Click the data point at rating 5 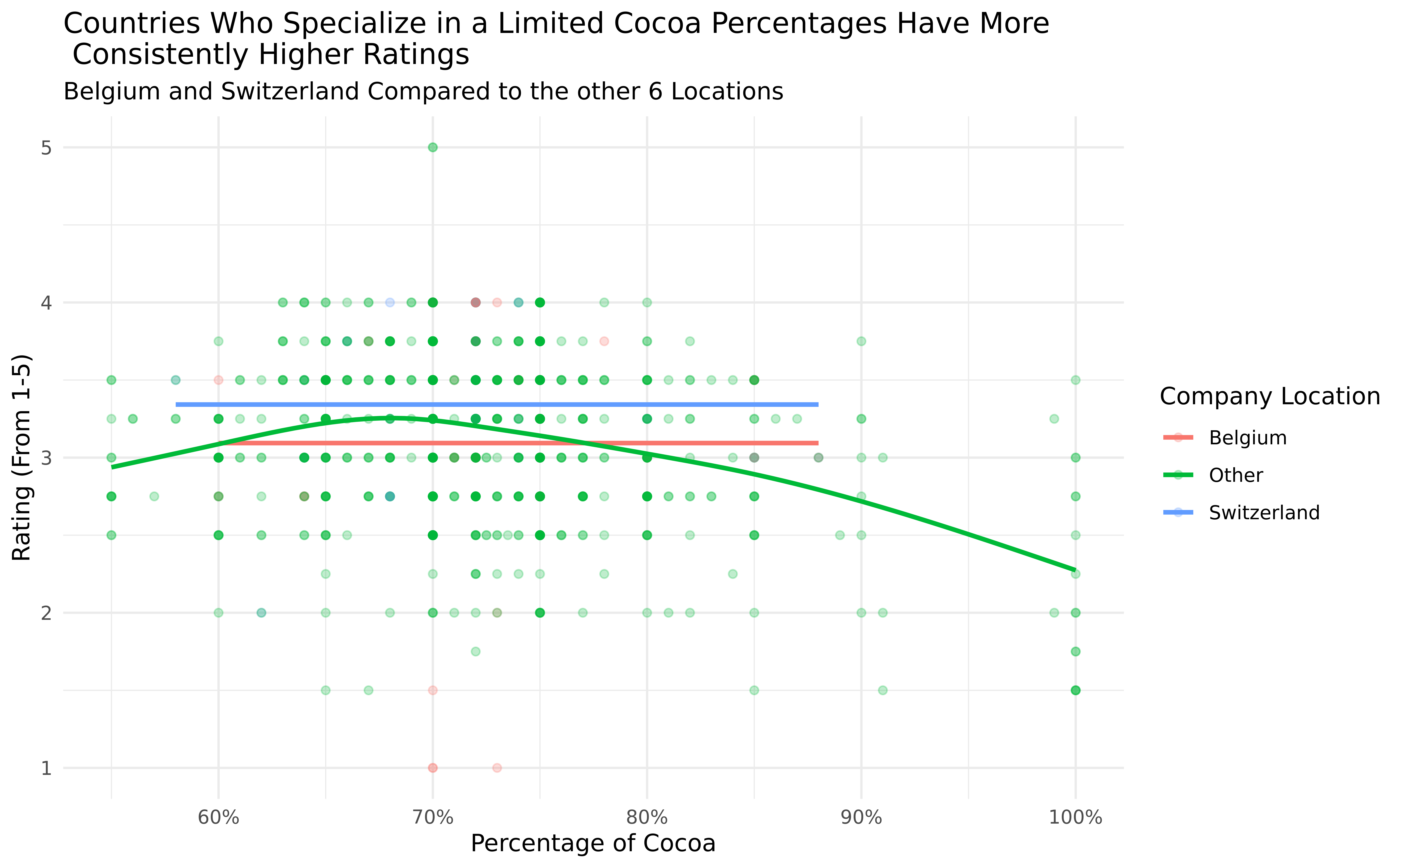(433, 148)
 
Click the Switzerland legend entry (1264, 513)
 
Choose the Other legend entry (1236, 475)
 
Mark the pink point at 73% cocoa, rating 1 (497, 768)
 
